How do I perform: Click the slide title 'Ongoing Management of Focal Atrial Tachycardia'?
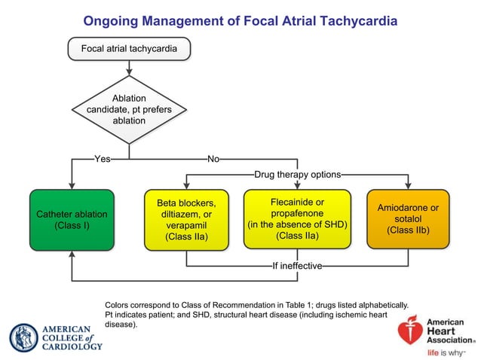[240, 20]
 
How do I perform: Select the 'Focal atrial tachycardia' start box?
[129, 49]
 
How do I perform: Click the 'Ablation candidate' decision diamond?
[129, 109]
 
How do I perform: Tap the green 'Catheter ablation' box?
[72, 219]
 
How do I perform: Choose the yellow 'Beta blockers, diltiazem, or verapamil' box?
[186, 219]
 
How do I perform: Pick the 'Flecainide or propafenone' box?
[297, 219]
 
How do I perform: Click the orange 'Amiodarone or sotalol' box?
[408, 219]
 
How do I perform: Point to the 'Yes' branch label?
[103, 159]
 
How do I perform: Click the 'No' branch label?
[213, 159]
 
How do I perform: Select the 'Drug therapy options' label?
[297, 174]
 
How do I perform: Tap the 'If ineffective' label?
[297, 266]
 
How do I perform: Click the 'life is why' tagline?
[446, 352]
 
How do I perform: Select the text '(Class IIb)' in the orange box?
[408, 230]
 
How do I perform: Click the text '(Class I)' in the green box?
[72, 225]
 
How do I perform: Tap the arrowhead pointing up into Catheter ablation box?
[72, 255]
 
